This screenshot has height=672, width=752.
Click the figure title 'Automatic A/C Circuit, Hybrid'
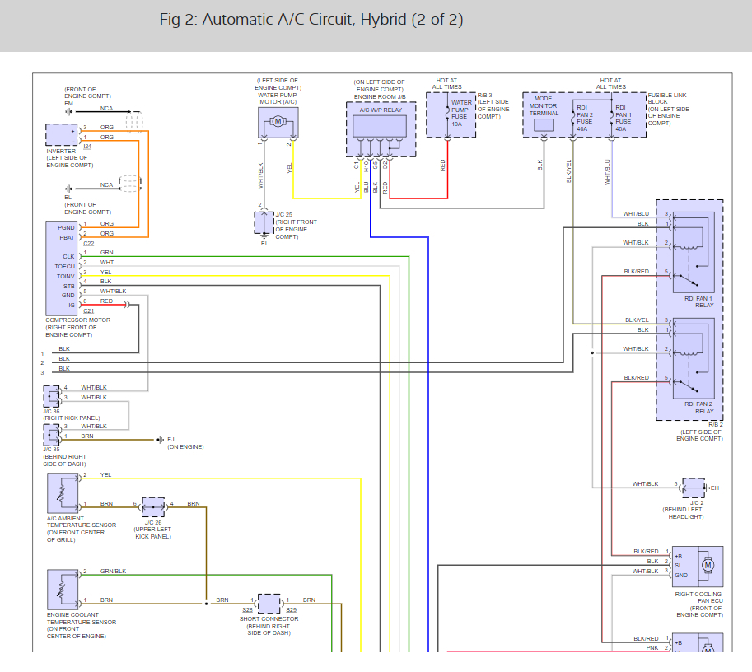pos(311,20)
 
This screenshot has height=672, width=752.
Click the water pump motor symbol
pos(278,123)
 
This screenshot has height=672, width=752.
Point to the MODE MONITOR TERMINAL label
pos(544,106)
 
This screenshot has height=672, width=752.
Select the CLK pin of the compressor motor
pos(68,256)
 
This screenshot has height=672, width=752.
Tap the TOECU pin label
pos(65,266)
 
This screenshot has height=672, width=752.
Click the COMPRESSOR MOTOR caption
pos(77,320)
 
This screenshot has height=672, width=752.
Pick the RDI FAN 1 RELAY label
pos(698,301)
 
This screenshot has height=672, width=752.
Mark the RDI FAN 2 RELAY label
pos(698,408)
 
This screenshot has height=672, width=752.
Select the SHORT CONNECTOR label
pos(269,618)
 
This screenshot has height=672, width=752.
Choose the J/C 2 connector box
pos(694,488)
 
